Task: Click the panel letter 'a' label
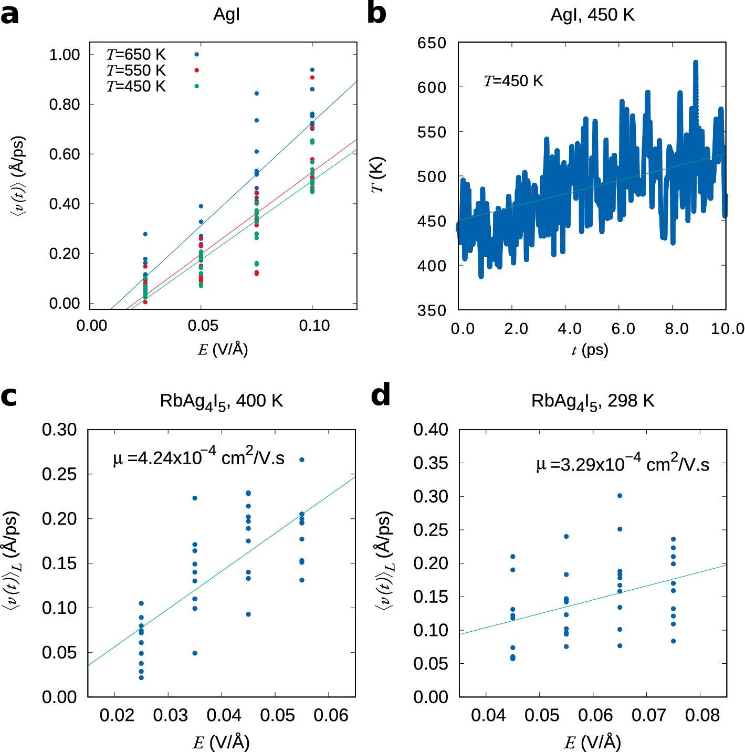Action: pos(9,15)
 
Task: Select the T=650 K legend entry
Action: pos(136,55)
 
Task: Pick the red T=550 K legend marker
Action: pos(197,70)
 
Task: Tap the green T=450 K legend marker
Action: pos(197,86)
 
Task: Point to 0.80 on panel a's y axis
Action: pos(64,105)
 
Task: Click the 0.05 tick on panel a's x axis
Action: pos(202,326)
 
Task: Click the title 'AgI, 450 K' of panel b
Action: pos(592,15)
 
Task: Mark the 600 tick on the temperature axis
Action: pos(432,88)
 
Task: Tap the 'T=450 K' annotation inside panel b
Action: pos(513,81)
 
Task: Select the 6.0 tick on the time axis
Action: pos(623,329)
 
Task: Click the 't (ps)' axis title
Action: pos(590,350)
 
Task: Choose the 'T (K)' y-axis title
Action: pos(378,175)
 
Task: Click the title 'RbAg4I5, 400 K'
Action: pos(221,402)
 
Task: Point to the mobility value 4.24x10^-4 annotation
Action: pos(198,457)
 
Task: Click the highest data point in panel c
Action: pos(302,460)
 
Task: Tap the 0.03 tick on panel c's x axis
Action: pos(170,715)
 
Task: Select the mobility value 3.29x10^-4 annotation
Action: pos(623,464)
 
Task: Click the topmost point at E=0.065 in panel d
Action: pos(620,496)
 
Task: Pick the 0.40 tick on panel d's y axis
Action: pos(431,430)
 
